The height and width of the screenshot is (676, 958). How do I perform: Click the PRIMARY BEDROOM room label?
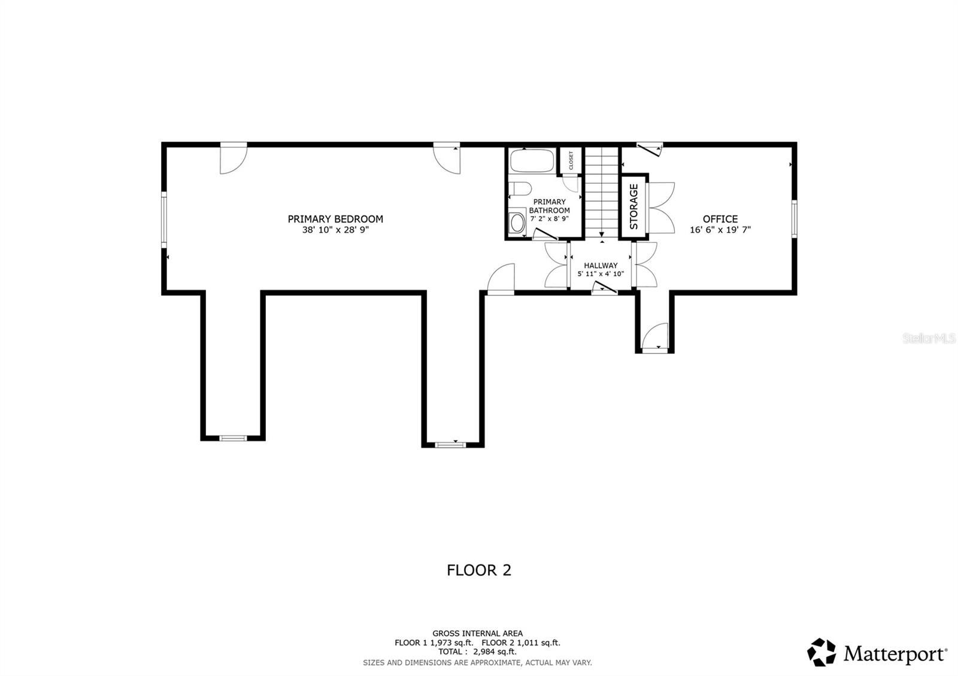[335, 219]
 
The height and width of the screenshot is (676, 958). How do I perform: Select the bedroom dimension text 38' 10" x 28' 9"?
[335, 230]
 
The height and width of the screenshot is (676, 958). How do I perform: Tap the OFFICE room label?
[720, 219]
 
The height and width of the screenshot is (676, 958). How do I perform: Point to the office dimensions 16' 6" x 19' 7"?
[720, 230]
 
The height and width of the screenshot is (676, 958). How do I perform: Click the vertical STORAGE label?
[633, 207]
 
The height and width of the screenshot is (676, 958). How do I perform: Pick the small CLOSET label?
[571, 160]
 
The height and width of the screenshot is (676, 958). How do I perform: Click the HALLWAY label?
[601, 266]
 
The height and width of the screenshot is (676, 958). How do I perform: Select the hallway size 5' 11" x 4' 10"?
[601, 274]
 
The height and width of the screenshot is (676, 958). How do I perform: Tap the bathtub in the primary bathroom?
[532, 161]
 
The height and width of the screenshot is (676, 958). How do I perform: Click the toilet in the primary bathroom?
[519, 189]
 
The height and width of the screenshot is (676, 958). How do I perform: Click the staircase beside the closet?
[601, 191]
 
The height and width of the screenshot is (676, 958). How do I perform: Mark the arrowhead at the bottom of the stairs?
[601, 235]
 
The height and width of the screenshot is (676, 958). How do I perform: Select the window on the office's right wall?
[794, 220]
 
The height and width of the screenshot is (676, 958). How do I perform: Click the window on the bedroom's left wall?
[163, 220]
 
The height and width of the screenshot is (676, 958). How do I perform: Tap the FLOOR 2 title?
[479, 570]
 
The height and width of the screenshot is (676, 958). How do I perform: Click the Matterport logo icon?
[821, 652]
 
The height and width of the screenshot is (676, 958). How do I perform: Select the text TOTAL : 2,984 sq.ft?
[477, 652]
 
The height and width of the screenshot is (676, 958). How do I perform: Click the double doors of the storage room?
[661, 207]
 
